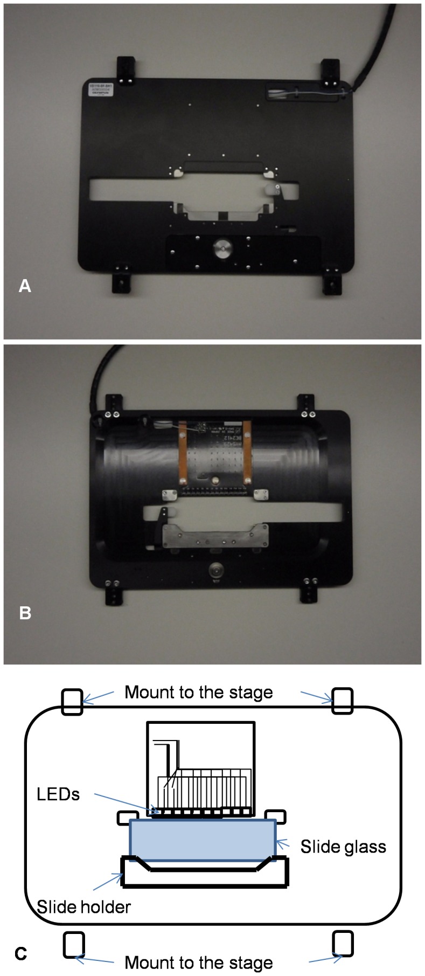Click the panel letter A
(x=25, y=286)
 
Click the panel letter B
(x=25, y=613)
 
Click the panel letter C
(x=21, y=954)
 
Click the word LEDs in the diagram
(x=58, y=794)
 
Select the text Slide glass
(x=343, y=847)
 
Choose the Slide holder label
(x=84, y=906)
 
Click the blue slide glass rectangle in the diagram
(x=203, y=840)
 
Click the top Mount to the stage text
(x=199, y=692)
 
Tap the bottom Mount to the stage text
(x=199, y=963)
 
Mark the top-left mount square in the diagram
(x=72, y=702)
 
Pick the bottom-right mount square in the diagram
(x=343, y=944)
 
